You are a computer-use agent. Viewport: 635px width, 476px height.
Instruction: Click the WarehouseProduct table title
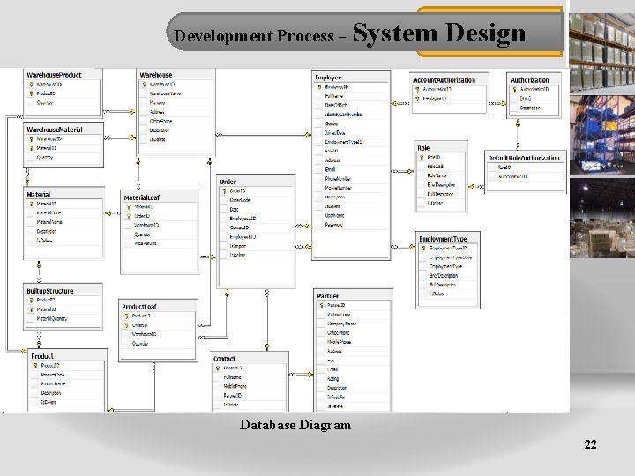55,75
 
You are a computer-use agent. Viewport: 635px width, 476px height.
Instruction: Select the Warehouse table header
157,75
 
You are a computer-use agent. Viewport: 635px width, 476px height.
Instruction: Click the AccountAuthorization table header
444,80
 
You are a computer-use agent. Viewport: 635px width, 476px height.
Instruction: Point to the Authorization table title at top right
529,80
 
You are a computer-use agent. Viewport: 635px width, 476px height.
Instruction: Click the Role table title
424,148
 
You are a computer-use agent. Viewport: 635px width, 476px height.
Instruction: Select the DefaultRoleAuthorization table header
524,157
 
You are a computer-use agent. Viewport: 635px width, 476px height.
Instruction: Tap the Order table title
228,182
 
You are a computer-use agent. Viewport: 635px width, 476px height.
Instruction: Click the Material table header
39,194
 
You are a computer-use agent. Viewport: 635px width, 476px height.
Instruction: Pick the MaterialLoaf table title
142,197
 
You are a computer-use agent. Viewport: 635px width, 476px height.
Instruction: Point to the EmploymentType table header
443,239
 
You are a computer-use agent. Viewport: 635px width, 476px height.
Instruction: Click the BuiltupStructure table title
50,291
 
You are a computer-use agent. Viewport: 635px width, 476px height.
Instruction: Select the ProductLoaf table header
139,306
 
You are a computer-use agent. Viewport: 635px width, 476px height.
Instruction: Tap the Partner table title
328,294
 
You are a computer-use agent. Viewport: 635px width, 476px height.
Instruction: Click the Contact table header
225,359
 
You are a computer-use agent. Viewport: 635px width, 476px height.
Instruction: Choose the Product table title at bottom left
43,355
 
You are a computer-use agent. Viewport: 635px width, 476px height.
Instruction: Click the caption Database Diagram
295,425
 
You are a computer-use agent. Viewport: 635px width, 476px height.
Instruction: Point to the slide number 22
590,445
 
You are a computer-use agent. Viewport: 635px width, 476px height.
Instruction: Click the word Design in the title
486,34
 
